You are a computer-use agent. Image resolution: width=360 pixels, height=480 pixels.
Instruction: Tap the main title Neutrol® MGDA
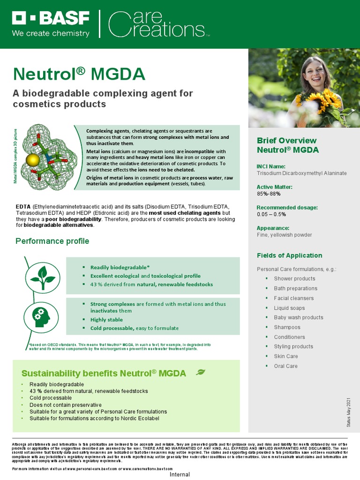[x=79, y=75]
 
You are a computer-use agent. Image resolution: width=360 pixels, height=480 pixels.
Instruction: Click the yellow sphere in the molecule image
[x=32, y=160]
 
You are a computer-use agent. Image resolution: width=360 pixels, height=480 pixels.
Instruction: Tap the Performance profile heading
[x=52, y=241]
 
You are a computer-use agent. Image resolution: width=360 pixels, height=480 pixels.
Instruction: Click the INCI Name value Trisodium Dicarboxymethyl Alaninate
[x=301, y=173]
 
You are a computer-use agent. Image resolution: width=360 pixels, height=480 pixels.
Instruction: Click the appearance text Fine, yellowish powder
[x=284, y=235]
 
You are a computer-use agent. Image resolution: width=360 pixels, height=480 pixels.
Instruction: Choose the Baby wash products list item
[x=298, y=317]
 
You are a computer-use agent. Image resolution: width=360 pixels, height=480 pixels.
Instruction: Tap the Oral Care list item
[x=285, y=366]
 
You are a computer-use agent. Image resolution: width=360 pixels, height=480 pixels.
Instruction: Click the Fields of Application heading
[x=289, y=255]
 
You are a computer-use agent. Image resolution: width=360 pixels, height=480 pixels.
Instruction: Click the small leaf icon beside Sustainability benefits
[x=200, y=372]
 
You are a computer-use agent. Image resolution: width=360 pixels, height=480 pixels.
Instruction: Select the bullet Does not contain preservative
[x=65, y=405]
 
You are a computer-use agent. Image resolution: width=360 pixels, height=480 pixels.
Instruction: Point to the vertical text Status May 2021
[x=348, y=412]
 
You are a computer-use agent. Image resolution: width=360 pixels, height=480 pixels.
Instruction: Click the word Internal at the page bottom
[x=180, y=474]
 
